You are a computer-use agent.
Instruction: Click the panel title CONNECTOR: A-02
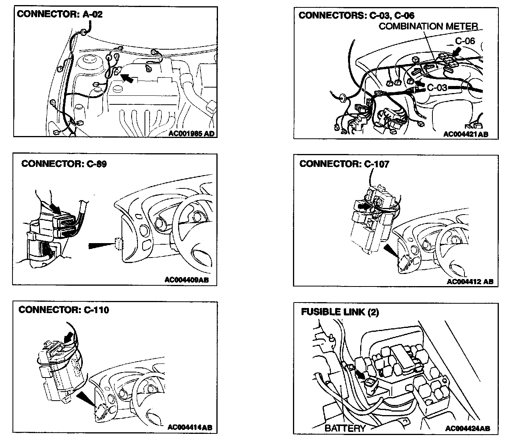point(60,14)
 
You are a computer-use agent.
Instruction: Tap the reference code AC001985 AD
point(192,133)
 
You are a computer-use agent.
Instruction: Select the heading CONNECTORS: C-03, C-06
point(356,15)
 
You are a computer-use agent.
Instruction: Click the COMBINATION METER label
point(428,26)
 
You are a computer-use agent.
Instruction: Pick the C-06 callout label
point(465,41)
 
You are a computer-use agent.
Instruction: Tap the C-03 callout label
point(437,87)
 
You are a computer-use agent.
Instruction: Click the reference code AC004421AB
point(465,134)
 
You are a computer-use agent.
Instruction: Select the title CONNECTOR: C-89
point(64,163)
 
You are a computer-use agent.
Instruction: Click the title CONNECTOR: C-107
point(344,164)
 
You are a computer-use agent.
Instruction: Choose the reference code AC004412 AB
point(470,281)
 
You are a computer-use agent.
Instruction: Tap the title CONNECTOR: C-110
point(64,310)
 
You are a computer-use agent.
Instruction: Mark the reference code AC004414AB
point(190,427)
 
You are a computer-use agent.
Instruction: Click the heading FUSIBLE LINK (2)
point(340,312)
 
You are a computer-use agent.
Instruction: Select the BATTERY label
point(345,428)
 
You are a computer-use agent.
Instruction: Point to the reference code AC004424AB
point(467,428)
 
